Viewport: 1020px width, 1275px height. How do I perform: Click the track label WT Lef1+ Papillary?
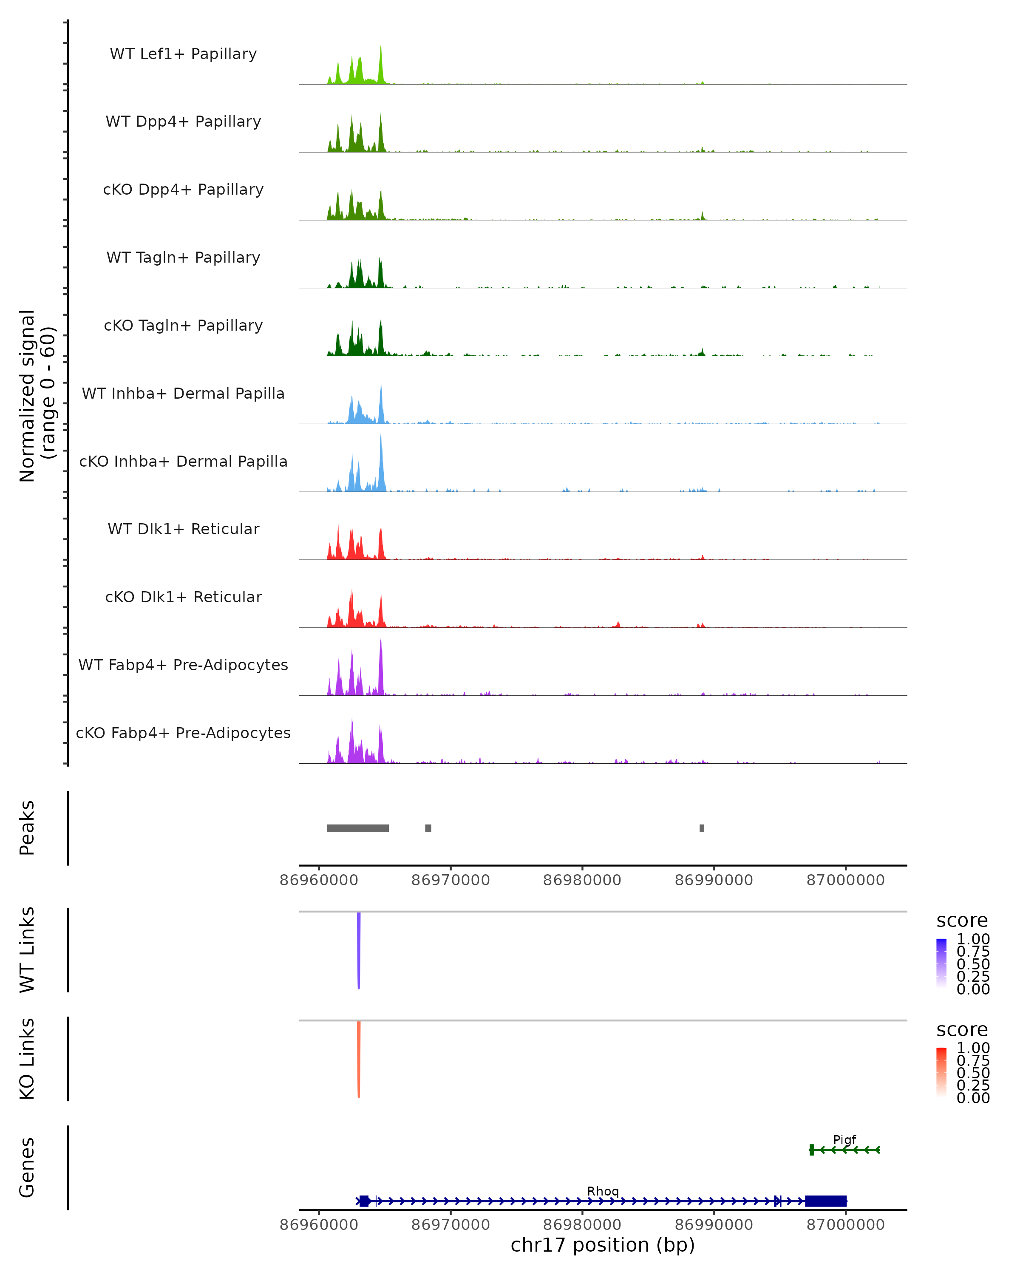click(x=183, y=54)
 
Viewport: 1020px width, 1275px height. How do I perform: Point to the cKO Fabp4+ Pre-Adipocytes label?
click(x=183, y=733)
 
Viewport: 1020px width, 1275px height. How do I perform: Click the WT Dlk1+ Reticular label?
click(x=183, y=529)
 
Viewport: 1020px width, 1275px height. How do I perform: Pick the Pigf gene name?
click(x=844, y=1139)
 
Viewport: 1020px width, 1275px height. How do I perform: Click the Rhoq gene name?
click(x=603, y=1190)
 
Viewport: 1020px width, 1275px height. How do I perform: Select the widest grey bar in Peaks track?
click(x=358, y=828)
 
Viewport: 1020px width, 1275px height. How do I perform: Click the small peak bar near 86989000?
click(x=702, y=828)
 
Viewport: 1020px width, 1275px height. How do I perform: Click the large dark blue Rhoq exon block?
click(x=825, y=1201)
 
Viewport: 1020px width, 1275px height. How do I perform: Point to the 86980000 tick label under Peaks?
click(x=582, y=880)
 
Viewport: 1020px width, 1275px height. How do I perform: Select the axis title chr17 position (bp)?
click(x=603, y=1245)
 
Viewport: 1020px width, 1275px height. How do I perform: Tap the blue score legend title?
click(x=961, y=920)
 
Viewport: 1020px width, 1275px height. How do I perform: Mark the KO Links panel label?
click(x=27, y=1059)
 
